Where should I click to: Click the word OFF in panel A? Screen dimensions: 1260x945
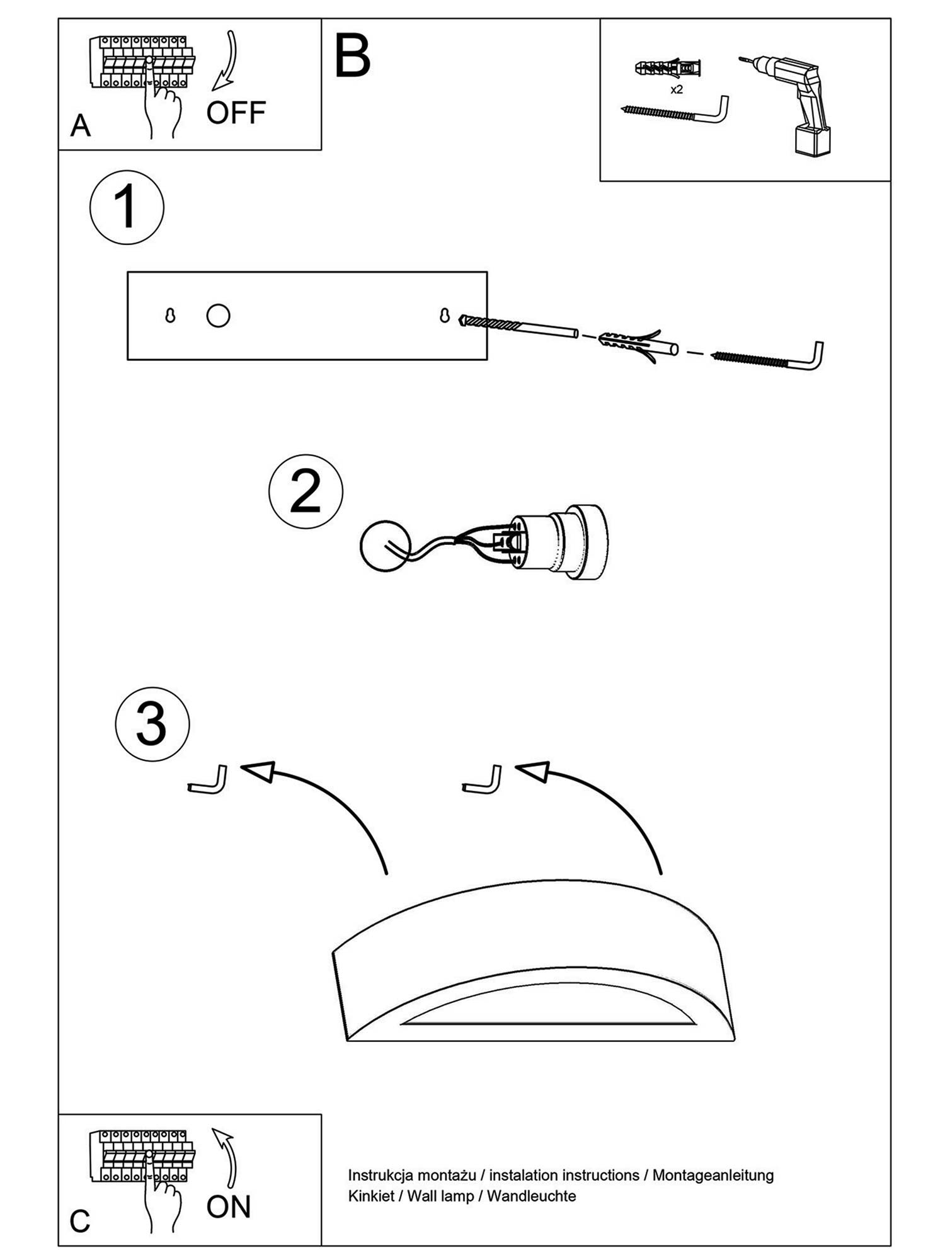coord(236,113)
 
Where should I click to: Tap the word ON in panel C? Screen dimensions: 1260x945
coord(228,1206)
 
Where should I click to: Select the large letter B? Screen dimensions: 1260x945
coord(352,57)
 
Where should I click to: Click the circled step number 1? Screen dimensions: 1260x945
coord(127,207)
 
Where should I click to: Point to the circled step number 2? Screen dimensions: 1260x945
coord(306,491)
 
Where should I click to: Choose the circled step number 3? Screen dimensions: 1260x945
coord(152,724)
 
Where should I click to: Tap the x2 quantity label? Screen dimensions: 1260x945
coord(676,90)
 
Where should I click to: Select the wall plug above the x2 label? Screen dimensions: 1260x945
coord(668,67)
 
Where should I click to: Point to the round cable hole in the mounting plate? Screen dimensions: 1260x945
coord(218,316)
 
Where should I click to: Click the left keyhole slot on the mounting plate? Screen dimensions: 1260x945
coord(169,316)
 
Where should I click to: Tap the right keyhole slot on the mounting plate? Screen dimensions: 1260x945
coord(445,315)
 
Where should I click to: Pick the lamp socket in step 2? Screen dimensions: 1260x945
coord(558,542)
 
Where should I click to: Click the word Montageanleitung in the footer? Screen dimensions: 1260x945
coord(713,1175)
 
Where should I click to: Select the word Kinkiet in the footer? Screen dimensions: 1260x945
coord(370,1196)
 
